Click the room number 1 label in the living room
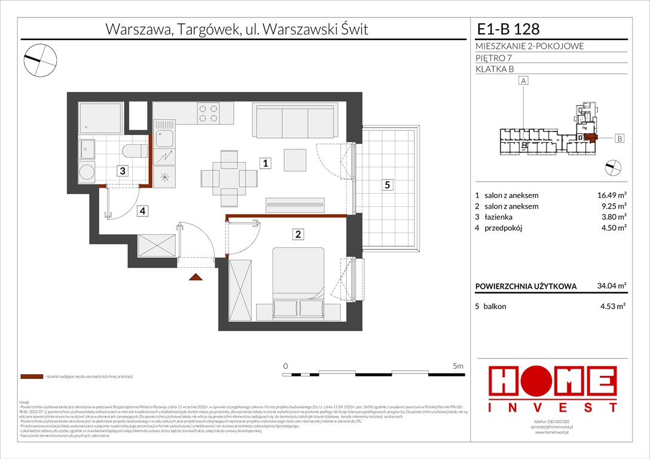[x=264, y=163]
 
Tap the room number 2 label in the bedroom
[x=297, y=234]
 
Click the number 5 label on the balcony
[x=387, y=185]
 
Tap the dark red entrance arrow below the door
[x=195, y=277]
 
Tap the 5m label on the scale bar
[x=459, y=366]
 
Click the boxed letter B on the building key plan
[x=620, y=139]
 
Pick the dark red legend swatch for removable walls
[x=31, y=377]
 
